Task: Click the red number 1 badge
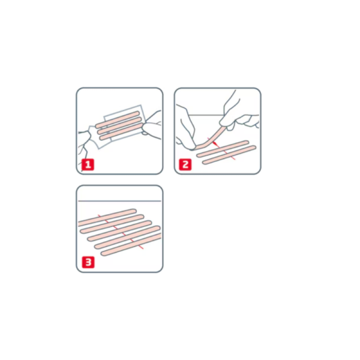(x=88, y=164)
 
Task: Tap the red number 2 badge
(x=185, y=164)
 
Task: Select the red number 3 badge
(x=88, y=262)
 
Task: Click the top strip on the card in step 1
(x=118, y=119)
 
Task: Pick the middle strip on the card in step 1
(x=119, y=125)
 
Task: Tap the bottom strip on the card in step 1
(x=121, y=131)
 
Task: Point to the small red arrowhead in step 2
(x=215, y=144)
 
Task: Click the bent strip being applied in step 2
(x=211, y=138)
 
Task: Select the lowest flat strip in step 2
(x=229, y=155)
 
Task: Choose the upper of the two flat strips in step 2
(x=223, y=149)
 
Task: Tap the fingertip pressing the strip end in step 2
(x=193, y=147)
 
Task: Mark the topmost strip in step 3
(x=107, y=217)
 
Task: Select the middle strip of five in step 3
(x=119, y=231)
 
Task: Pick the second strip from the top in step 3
(x=112, y=224)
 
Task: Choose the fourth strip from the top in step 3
(x=127, y=238)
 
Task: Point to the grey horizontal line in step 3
(x=119, y=201)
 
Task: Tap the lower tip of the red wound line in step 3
(x=143, y=249)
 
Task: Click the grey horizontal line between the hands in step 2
(x=205, y=115)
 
